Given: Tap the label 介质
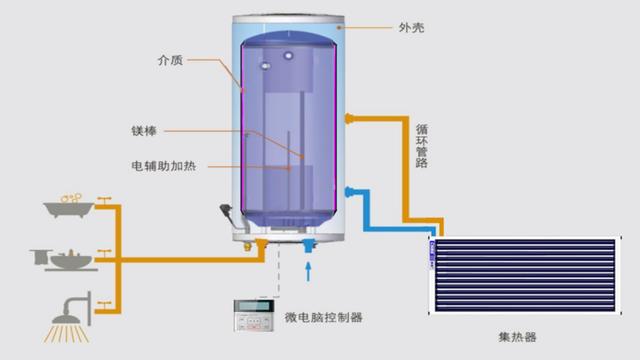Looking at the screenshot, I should [x=170, y=60].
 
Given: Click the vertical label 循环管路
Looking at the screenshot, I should [x=421, y=144].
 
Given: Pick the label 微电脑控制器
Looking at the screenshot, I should [x=324, y=317].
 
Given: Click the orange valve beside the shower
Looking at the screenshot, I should [x=103, y=300].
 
